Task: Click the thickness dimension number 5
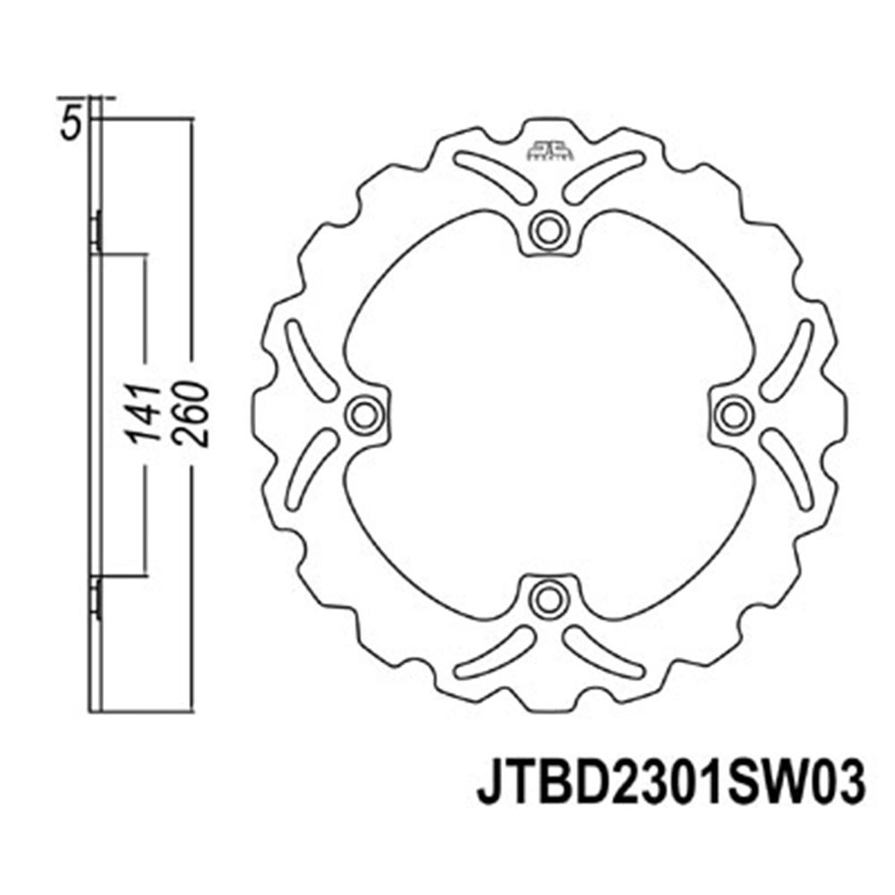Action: [70, 124]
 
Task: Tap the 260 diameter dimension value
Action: [192, 413]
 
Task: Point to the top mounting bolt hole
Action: [549, 231]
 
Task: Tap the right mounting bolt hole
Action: [734, 415]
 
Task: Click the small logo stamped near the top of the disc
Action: [549, 150]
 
